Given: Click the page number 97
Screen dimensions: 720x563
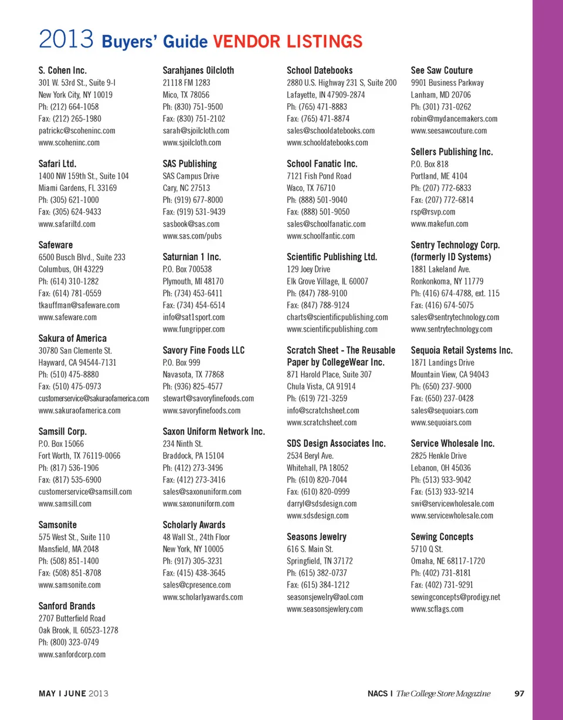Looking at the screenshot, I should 519,694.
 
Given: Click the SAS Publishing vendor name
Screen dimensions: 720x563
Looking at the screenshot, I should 189,164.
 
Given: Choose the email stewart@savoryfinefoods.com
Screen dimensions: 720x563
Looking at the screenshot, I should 208,398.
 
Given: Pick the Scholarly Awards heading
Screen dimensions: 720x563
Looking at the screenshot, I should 194,525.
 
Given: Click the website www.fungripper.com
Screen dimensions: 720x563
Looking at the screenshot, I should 194,329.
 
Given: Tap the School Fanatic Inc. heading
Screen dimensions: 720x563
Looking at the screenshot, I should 322,164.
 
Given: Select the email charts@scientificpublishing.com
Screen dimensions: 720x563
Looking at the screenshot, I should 337,317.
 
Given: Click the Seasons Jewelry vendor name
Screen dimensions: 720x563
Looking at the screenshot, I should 317,536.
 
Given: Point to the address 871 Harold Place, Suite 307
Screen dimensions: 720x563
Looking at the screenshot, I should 329,374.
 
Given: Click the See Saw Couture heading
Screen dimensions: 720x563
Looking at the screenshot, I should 442,70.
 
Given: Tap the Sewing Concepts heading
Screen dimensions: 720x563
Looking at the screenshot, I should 442,536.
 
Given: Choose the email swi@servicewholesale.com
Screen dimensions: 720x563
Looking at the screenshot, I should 453,503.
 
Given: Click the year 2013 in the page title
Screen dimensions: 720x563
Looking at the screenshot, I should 66,41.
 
